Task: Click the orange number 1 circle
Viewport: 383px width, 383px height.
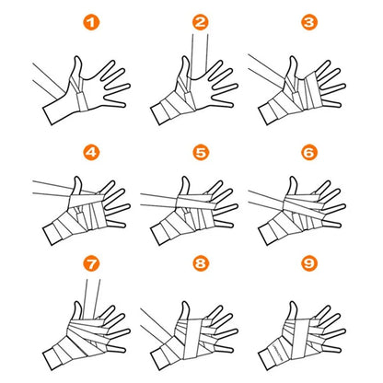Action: pos(91,22)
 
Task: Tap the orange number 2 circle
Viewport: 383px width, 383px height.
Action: pos(200,22)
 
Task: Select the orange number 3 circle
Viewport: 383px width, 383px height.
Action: pos(309,22)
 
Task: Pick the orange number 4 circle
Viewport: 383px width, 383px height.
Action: pos(91,152)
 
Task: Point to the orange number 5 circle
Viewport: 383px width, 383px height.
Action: pos(201,152)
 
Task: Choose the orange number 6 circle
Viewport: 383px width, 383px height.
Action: pos(309,152)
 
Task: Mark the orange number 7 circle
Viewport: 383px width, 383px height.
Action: pos(91,263)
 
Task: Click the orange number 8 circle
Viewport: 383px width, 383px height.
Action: pos(201,263)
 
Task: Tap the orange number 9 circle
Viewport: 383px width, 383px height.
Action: pos(309,263)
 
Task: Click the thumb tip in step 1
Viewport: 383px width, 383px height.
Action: pos(77,57)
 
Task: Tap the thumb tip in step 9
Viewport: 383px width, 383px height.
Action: pos(294,303)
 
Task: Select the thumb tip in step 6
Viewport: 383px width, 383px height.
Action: pos(294,178)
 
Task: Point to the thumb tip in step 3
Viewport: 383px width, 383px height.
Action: pos(294,57)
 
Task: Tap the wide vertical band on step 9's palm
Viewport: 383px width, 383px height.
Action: pos(300,339)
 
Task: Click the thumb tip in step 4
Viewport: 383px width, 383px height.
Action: pos(77,178)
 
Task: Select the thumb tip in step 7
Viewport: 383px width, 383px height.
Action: pos(77,303)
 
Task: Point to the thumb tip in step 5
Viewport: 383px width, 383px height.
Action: pos(186,178)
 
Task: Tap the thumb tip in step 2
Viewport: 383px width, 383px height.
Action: pos(186,57)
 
